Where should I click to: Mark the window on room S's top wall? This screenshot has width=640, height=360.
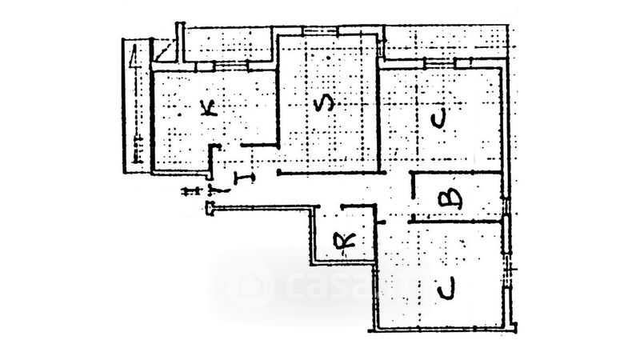click(x=320, y=32)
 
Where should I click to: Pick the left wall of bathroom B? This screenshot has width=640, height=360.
click(x=412, y=196)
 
